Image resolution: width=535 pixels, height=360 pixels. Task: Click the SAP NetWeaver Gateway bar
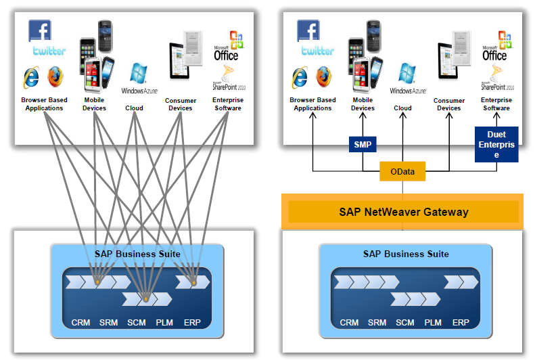click(403, 212)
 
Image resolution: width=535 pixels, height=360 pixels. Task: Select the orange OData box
click(402, 173)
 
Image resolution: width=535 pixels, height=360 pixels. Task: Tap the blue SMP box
click(363, 144)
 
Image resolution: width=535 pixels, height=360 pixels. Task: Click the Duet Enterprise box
click(496, 145)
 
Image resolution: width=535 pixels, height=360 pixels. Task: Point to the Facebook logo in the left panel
click(39, 30)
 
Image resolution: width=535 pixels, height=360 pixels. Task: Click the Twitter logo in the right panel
click(318, 51)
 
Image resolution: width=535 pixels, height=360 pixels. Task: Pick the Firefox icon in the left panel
click(55, 77)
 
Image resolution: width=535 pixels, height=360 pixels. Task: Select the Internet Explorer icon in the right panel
click(301, 77)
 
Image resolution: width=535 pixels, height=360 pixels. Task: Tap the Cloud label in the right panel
click(402, 108)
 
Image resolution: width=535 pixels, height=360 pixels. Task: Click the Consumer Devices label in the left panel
click(180, 104)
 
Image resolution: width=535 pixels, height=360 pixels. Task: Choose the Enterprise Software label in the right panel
click(496, 104)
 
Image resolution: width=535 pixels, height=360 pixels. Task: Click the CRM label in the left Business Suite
click(80, 322)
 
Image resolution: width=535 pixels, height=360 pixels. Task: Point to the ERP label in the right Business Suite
click(461, 323)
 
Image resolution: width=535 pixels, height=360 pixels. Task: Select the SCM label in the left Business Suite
click(137, 322)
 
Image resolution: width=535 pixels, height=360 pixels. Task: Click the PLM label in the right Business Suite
click(433, 323)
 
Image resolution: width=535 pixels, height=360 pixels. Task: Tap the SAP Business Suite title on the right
click(405, 254)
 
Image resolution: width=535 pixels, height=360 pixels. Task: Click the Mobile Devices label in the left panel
click(94, 104)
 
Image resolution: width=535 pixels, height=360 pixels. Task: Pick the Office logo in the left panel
click(228, 47)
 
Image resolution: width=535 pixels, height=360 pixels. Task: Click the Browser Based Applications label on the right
click(312, 104)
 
